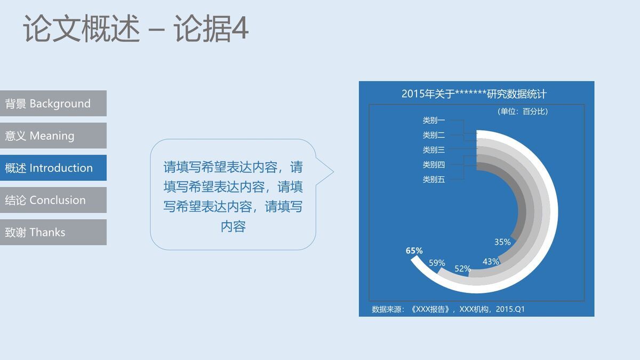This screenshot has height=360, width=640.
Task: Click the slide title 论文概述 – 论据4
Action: pos(135,29)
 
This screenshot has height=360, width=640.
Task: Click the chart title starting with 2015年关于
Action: pos(474,94)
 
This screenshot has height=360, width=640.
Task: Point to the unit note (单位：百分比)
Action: pos(522,111)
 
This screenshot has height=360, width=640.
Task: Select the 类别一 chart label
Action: pos(434,121)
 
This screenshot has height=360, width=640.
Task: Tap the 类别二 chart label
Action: pos(434,135)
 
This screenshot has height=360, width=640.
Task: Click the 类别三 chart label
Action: pos(434,150)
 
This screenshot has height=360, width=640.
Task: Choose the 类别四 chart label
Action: pos(434,165)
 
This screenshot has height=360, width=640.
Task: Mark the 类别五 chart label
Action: pos(434,180)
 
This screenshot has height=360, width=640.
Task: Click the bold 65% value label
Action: pos(414,251)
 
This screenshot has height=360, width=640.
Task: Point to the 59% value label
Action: pos(437,263)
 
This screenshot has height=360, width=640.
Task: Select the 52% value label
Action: pos(462,269)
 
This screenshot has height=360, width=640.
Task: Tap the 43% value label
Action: pos(491,261)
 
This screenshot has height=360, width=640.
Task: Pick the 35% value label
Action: pos(502,242)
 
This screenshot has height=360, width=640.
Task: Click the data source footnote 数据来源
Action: pos(448,309)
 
